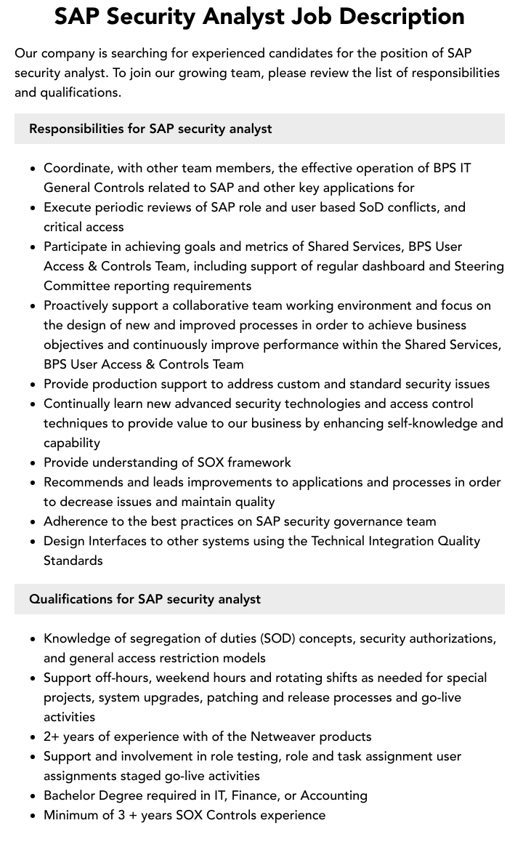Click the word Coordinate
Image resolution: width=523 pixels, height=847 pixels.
pos(78,168)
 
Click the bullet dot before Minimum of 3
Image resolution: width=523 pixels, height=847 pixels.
pos(33,816)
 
